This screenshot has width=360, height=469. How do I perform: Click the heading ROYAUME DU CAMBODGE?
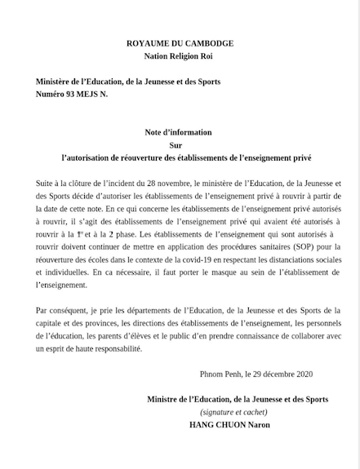[180, 42]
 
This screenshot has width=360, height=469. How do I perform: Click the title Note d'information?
[180, 131]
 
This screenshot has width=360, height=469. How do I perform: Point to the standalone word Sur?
[180, 144]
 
